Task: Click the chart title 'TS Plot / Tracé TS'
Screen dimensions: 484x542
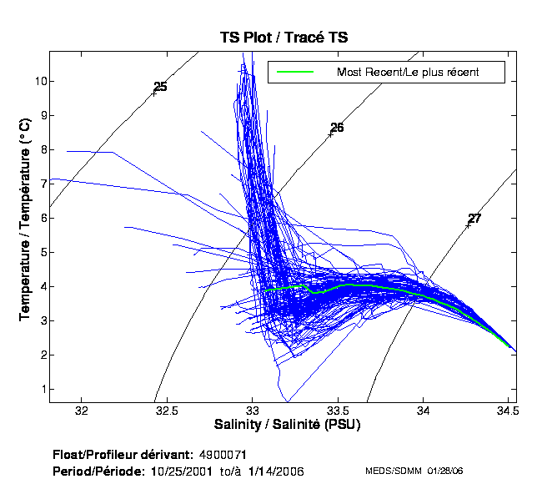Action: [284, 38]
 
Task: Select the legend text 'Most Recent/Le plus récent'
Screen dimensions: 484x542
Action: [407, 72]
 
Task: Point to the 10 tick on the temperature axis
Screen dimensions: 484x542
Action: [39, 81]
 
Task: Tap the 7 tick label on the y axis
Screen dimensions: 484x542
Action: [41, 184]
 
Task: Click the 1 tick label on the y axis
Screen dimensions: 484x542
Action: [41, 389]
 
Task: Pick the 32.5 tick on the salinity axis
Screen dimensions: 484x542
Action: [168, 411]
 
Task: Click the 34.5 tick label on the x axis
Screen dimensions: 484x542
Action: [509, 411]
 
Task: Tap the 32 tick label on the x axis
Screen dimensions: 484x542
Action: [82, 411]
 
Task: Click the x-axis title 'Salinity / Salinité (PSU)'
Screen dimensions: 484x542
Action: [284, 426]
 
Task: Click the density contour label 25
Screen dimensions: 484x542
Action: [161, 87]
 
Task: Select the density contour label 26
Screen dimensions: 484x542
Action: [337, 128]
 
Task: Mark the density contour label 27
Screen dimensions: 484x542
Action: [474, 219]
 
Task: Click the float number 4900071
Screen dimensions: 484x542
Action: [223, 455]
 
